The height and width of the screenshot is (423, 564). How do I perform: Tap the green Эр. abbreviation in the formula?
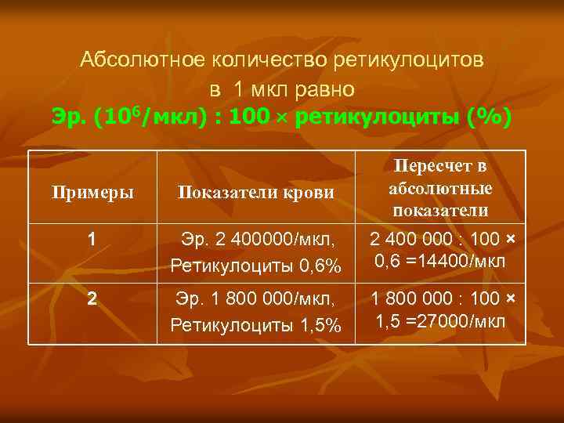pos(68,117)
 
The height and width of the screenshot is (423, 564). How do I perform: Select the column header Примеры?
pos(92,191)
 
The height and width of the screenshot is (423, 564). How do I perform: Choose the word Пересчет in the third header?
pos(440,166)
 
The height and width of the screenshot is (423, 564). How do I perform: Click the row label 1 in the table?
pos(92,240)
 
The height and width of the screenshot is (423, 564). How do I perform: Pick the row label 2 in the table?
pos(92,298)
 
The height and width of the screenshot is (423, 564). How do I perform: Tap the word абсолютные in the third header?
pos(440,189)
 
